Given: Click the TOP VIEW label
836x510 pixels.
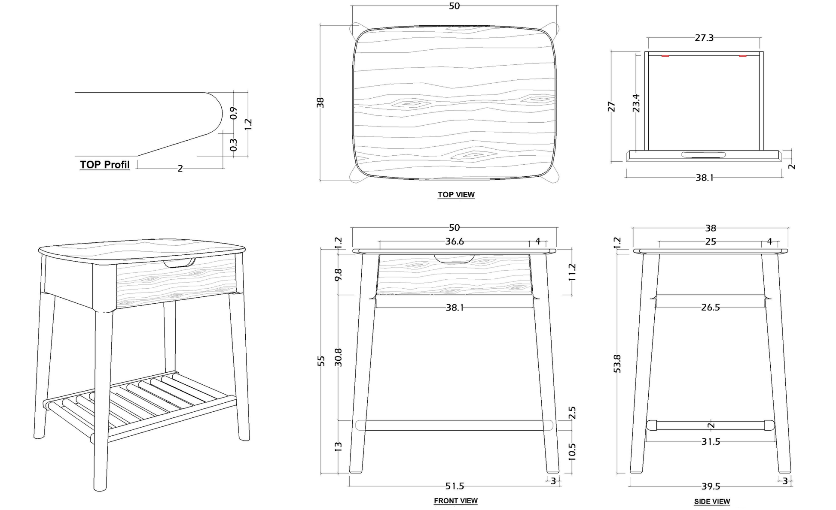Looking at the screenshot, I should [456, 195].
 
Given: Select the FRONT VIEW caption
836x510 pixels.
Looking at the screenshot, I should [455, 501].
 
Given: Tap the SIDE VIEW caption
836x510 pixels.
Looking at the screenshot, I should [711, 501].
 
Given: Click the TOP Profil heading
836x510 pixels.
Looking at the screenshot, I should [104, 165].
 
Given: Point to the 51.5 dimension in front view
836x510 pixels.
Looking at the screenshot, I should [455, 486].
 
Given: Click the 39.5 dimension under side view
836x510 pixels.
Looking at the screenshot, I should [711, 486].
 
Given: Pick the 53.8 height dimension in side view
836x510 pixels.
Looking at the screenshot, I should [617, 363].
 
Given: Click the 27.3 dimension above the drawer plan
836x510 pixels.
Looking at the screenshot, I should [704, 38].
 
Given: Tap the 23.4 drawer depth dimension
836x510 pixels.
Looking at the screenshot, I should [636, 103].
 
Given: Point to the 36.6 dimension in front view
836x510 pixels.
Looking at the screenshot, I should [454, 241].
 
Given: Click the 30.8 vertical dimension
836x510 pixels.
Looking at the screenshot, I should [338, 357].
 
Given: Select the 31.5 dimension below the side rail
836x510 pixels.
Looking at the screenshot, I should [711, 441].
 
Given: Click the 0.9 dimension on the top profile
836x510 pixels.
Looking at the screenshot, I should [234, 113].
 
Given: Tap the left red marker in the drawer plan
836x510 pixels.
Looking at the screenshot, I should [665, 56].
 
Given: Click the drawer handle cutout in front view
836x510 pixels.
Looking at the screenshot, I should [454, 259].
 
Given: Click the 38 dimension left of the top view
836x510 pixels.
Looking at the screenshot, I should [320, 103].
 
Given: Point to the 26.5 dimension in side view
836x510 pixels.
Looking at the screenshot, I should [710, 307].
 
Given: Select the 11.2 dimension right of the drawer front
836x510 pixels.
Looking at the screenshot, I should [572, 272].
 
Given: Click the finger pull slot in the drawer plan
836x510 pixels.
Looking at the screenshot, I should [703, 154].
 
